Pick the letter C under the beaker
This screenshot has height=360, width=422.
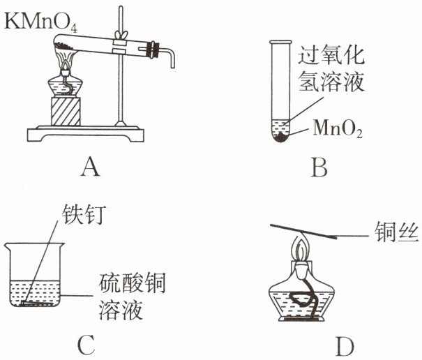tap(84, 345)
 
